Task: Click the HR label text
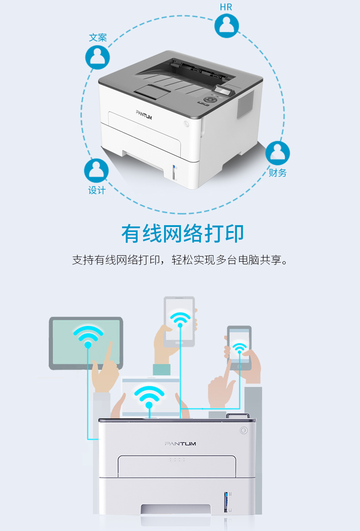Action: [226, 7]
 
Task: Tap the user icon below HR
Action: [226, 26]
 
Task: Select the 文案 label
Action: [98, 37]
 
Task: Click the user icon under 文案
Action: [98, 57]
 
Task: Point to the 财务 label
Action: [278, 173]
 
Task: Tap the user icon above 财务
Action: [278, 153]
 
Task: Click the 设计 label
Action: [97, 191]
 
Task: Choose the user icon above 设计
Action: [97, 170]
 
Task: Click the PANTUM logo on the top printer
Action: [144, 115]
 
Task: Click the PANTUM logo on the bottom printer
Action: [180, 443]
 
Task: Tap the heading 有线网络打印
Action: [183, 233]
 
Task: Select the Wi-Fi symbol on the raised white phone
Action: [180, 320]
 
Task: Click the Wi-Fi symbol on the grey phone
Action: [239, 349]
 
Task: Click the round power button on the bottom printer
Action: [243, 430]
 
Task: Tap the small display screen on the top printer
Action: [224, 90]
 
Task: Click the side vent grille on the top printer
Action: [245, 105]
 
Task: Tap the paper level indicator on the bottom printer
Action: [226, 502]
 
